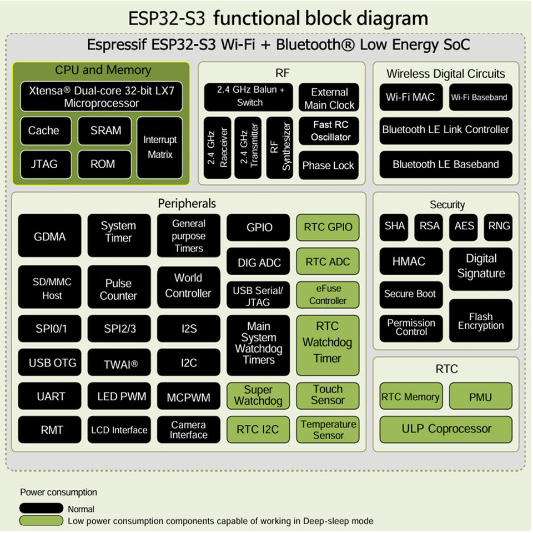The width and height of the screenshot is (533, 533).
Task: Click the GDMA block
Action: (49, 236)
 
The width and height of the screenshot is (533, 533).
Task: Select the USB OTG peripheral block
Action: (52, 363)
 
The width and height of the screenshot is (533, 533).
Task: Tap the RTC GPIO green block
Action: (328, 227)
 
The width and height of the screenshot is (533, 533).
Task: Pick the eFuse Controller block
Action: (328, 294)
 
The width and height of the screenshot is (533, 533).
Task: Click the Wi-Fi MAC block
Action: (410, 97)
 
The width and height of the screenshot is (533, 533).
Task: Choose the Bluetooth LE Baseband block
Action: (445, 164)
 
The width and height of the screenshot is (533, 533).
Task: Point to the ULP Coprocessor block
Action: (446, 429)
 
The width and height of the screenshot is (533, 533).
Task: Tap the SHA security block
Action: (395, 227)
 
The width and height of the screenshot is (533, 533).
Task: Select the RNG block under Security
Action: (498, 227)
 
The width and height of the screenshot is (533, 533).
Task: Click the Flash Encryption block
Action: (481, 320)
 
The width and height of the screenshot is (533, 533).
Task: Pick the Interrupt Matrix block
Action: (159, 147)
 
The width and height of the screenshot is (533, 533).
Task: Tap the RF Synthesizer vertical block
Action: (280, 147)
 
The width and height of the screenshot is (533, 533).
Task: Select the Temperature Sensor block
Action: (328, 429)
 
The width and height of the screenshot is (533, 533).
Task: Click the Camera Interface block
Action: (188, 429)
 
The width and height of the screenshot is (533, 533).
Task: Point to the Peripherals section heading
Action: (187, 204)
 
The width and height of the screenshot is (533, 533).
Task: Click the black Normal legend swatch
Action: (41, 509)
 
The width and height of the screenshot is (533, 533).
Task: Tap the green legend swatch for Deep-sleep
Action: (41, 521)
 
